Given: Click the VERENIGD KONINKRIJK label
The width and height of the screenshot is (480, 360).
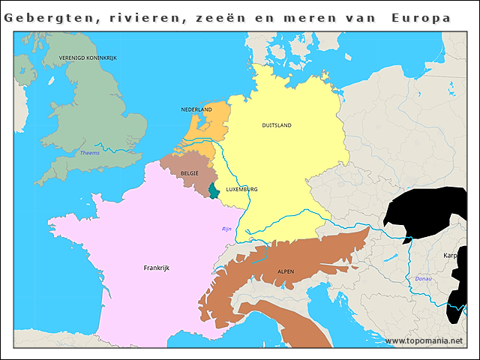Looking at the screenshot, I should click(x=87, y=58).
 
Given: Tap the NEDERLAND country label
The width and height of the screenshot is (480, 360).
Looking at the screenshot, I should click(x=196, y=109).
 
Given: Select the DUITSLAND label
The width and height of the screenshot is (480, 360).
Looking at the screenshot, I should click(x=277, y=125).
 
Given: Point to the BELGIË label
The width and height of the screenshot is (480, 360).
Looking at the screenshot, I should click(x=189, y=173).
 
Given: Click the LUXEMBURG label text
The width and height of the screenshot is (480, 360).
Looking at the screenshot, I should click(x=241, y=190).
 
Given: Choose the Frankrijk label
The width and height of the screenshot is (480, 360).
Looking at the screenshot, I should click(x=158, y=267).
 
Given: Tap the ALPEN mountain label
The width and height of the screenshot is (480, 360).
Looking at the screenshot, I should click(x=286, y=271).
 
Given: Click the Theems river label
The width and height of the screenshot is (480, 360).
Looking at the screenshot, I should click(x=89, y=153).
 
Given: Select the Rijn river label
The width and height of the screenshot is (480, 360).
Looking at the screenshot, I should click(x=227, y=229).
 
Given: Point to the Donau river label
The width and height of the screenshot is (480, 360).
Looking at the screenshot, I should click(x=423, y=278).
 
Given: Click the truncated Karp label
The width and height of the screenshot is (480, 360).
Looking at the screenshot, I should click(x=450, y=255).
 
